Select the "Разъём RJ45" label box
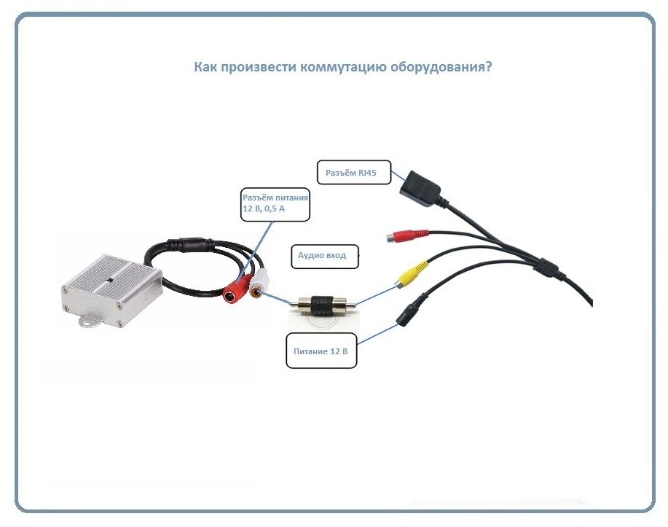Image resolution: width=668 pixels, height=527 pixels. tap(354, 173)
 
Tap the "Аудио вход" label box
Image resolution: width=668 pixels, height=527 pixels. tap(325, 257)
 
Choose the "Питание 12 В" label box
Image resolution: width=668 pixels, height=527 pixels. tap(321, 351)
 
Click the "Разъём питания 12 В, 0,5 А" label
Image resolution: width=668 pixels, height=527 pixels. tap(275, 204)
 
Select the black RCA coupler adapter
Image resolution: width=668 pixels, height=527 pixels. tap(323, 305)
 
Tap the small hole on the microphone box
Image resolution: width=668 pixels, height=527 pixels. tap(109, 280)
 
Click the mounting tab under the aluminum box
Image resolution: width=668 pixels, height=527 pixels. tap(89, 321)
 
